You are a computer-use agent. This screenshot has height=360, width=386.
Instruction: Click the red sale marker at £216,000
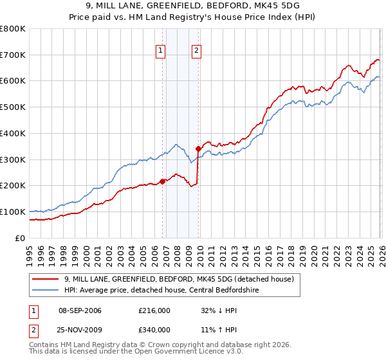[x=162, y=181]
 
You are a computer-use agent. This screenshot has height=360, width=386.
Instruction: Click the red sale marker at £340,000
[x=198, y=148]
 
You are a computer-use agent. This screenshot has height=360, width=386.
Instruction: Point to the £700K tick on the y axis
[x=13, y=55]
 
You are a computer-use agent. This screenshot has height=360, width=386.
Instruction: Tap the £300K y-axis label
[x=13, y=159]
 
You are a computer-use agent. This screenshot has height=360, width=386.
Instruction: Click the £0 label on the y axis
[x=20, y=238]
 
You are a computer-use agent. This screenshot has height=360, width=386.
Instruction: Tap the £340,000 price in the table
[x=154, y=329]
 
